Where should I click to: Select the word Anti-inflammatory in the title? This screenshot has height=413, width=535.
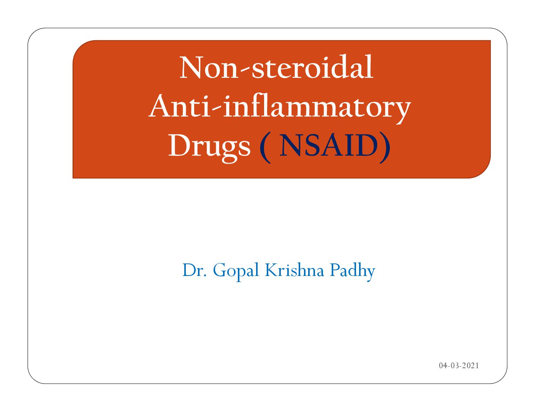[x=280, y=109]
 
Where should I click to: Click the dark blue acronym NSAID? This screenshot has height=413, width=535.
[x=329, y=145]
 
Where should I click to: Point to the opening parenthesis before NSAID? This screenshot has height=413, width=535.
[x=265, y=148]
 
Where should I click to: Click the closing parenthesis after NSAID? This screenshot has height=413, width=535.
[x=385, y=148]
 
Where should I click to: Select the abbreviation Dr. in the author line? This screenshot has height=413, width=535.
[x=194, y=270]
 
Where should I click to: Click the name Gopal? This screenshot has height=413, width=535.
[x=236, y=272]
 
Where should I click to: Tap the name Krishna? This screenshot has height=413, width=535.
[x=294, y=270]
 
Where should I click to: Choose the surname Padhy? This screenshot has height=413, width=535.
[x=353, y=272]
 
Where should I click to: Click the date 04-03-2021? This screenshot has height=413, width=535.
[x=459, y=366]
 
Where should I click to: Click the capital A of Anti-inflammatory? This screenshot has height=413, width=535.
[x=162, y=106]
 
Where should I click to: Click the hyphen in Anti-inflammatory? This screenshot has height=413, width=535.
[x=217, y=110]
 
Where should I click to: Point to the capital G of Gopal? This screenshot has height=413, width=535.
[x=220, y=270]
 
